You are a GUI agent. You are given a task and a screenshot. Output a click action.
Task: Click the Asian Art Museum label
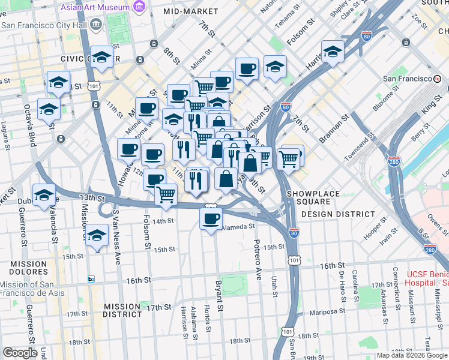[x=95, y=8]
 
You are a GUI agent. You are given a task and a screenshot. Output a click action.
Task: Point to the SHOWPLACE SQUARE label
[x=313, y=194]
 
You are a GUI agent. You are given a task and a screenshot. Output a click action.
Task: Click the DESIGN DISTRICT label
[x=338, y=214]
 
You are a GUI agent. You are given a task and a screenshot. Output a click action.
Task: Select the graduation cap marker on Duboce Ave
[x=44, y=196]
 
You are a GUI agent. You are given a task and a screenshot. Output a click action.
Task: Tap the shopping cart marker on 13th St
[x=166, y=194]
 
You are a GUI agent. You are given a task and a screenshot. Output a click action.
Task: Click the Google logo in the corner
[x=20, y=353]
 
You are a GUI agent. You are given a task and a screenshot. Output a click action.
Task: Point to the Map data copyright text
[x=412, y=355]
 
